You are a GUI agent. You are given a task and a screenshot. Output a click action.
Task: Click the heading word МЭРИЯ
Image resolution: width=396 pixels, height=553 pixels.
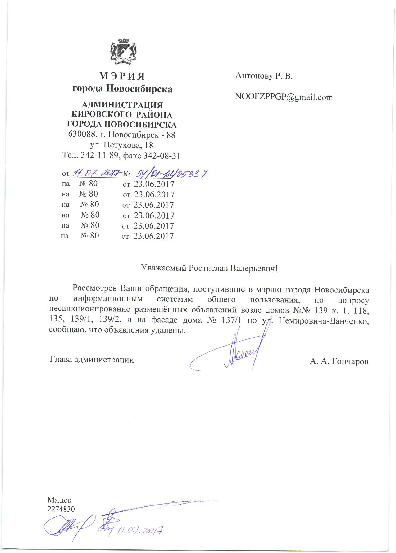[122, 76]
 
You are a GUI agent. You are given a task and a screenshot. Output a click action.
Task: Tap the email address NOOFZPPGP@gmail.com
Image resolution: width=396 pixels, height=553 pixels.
[284, 97]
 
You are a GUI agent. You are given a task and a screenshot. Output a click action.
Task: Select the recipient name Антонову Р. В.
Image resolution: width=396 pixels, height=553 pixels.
[264, 76]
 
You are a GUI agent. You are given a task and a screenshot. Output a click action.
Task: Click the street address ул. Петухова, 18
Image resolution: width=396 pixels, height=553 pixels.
[121, 145]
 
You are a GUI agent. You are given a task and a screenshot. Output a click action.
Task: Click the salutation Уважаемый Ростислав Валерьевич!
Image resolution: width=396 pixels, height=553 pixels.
[209, 268]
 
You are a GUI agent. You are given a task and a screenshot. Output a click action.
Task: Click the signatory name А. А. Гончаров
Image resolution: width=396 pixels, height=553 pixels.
[339, 361]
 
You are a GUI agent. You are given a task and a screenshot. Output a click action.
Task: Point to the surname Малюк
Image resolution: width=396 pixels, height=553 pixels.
[60, 500]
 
